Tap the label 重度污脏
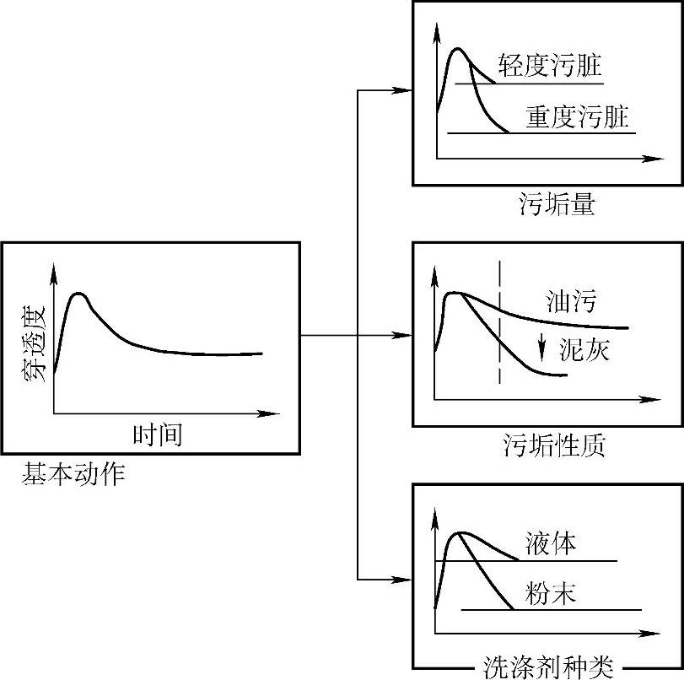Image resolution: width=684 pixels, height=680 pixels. tap(578, 116)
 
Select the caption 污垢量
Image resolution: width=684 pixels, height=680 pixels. tap(557, 205)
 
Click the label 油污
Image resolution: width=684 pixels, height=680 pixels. tap(570, 301)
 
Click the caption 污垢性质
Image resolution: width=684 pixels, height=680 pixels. tap(553, 445)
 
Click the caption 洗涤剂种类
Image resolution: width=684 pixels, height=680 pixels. tap(548, 667)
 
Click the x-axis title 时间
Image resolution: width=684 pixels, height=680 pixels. tap(158, 434)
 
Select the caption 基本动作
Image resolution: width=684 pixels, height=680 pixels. tap(73, 475)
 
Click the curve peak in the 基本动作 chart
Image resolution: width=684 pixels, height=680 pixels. tap(79, 294)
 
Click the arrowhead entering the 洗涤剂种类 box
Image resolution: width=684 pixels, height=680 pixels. tap(405, 580)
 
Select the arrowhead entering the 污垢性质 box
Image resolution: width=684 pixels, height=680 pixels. tap(405, 336)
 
